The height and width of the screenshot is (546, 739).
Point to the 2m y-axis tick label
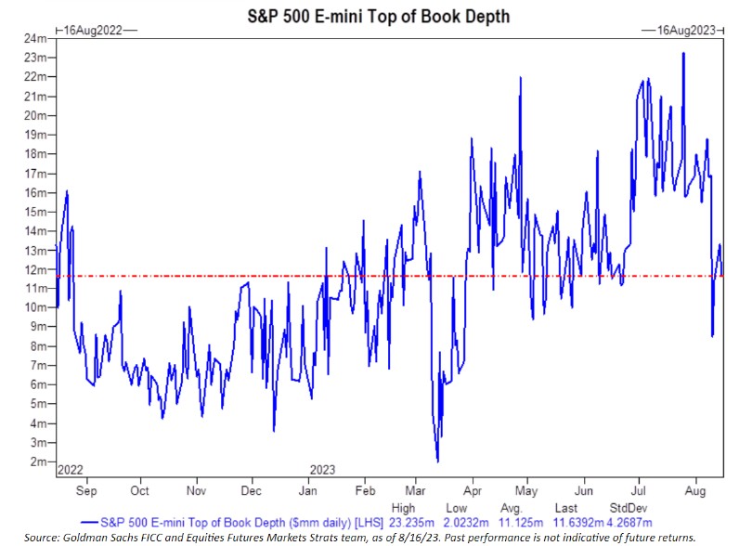[x=38, y=461]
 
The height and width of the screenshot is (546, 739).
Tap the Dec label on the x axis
[x=251, y=489]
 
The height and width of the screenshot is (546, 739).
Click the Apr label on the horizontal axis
[x=473, y=489]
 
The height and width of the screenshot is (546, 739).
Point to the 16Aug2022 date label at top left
[x=97, y=31]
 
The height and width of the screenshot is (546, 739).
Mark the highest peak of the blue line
[x=684, y=53]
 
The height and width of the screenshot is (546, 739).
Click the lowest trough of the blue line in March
[x=436, y=461]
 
